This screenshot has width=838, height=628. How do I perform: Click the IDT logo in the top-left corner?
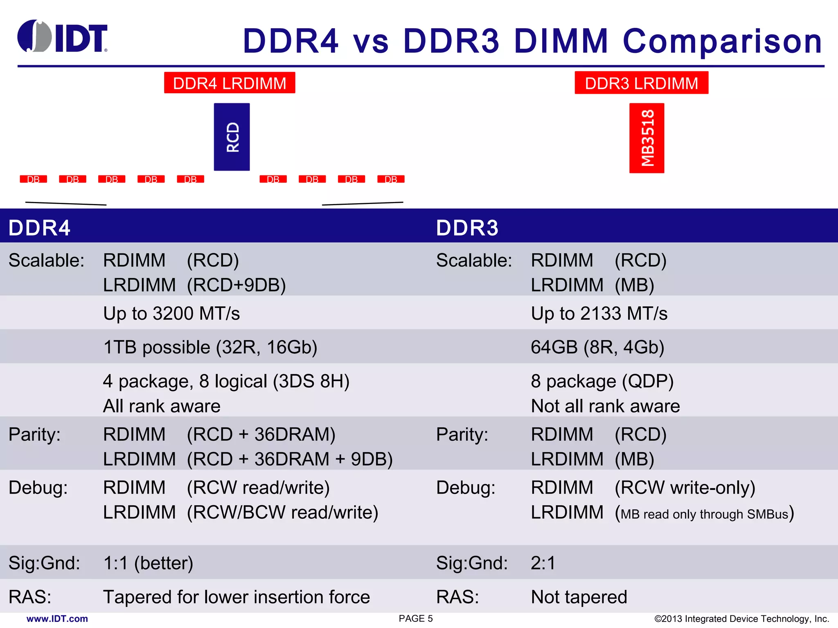pos(62,37)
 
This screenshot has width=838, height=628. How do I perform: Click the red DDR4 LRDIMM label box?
pos(230,83)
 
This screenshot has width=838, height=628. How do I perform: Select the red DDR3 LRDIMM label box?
pos(641,83)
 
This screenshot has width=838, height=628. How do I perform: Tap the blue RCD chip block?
pos(232,137)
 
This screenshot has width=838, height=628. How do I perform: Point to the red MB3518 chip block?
pos(647,138)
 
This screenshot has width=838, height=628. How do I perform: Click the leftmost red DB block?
pos(34,179)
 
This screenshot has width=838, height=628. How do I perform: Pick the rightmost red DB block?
pos(391,179)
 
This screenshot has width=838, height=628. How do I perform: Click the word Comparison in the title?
pos(722,41)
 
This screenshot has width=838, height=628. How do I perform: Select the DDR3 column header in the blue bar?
pos(467,228)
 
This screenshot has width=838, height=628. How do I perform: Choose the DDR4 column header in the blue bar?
pos(39,228)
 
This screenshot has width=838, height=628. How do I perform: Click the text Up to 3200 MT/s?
pos(171,314)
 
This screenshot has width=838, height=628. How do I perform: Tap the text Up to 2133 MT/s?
pos(599,314)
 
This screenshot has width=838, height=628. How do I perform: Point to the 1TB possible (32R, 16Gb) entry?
pos(210,347)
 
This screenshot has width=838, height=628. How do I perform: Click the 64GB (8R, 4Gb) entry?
pos(597,347)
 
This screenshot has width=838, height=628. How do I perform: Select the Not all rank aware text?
pos(605,406)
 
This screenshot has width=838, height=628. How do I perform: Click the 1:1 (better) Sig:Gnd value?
pos(148,563)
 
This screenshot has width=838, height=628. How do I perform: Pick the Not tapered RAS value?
pos(579,597)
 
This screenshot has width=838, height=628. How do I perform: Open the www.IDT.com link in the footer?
pos(57,619)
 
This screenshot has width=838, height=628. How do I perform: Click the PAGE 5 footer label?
pos(416,619)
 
